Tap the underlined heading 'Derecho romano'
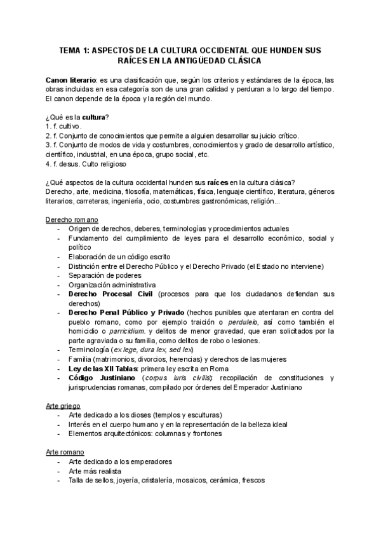pos(72,219)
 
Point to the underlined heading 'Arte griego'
pos(64,405)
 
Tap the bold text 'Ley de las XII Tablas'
pos(106,368)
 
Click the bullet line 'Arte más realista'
pos(100,471)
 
